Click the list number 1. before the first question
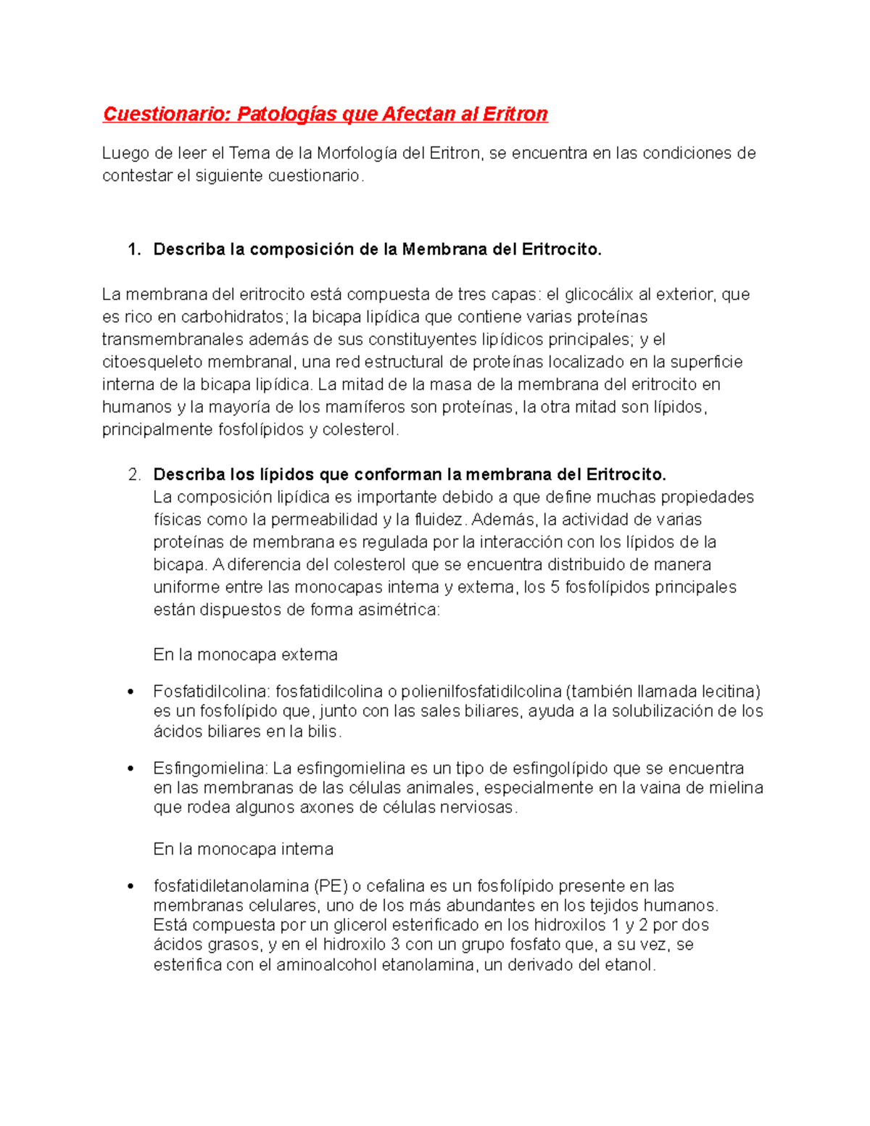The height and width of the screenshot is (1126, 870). pos(134,249)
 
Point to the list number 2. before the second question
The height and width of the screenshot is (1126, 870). pos(134,475)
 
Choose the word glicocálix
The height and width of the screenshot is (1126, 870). pos(598,294)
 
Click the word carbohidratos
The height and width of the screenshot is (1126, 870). pos(233,317)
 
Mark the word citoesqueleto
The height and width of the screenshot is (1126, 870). pos(149,362)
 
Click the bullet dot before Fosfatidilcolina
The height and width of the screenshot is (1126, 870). pos(130,692)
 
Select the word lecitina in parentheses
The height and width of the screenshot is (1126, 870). pos(729,691)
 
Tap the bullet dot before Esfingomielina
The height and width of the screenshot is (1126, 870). pos(130,769)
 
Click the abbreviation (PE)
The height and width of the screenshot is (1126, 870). pos(331,886)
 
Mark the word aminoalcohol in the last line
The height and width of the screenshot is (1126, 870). pos(326,965)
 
